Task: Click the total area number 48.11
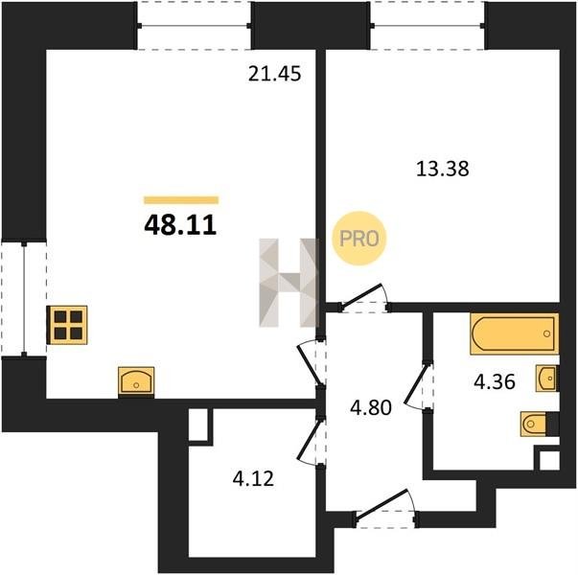[x=180, y=225]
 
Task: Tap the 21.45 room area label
[x=275, y=74]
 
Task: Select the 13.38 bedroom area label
[x=442, y=170]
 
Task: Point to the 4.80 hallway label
[x=371, y=408]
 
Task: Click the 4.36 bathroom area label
[x=495, y=381]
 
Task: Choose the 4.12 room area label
[x=253, y=479]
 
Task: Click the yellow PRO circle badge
[x=359, y=238]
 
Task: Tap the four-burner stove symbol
[x=67, y=325]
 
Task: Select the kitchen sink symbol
[x=136, y=381]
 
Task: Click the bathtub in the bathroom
[x=514, y=333]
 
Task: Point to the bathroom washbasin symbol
[x=546, y=379]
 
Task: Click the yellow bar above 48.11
[x=181, y=200]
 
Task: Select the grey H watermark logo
[x=289, y=283]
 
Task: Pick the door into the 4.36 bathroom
[x=418, y=386]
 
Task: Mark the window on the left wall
[x=24, y=299]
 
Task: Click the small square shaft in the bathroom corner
[x=549, y=460]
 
